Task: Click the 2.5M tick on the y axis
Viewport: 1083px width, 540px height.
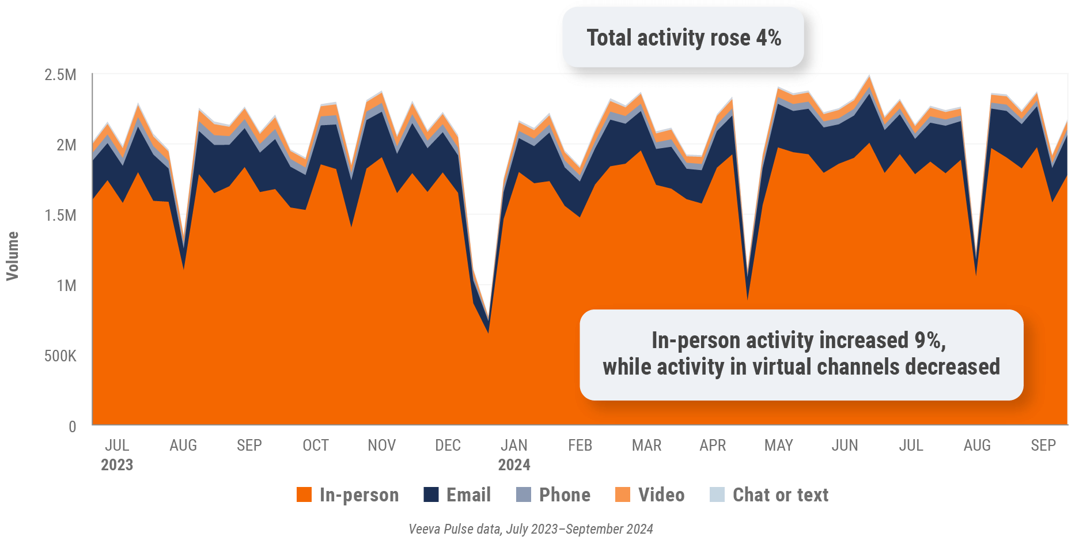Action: [x=60, y=75]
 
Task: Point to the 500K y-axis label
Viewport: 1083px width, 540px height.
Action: [x=60, y=356]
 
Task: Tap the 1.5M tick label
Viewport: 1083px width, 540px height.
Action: [x=60, y=216]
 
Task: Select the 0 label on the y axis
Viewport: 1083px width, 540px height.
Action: [x=73, y=426]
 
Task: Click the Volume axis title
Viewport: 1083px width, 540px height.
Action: [x=13, y=256]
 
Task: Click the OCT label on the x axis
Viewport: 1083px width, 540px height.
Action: [x=316, y=445]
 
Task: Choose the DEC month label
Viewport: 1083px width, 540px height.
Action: [x=448, y=445]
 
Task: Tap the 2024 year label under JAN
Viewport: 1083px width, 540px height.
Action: [x=514, y=465]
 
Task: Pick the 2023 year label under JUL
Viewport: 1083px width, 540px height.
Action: [x=117, y=465]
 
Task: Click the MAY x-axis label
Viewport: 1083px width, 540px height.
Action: [x=779, y=445]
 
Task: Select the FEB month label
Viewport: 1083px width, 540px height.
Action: [x=580, y=445]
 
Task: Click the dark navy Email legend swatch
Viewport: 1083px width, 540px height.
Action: [x=431, y=494]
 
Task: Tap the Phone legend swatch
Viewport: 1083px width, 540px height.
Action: [x=524, y=494]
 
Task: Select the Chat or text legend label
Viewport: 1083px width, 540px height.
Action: [x=780, y=494]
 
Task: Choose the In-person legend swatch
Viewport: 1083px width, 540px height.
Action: [x=304, y=494]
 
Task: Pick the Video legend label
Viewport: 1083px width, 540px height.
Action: [x=661, y=494]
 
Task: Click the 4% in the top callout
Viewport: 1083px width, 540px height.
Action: [x=768, y=38]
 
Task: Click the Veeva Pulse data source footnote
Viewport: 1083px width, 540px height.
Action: [x=531, y=529]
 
